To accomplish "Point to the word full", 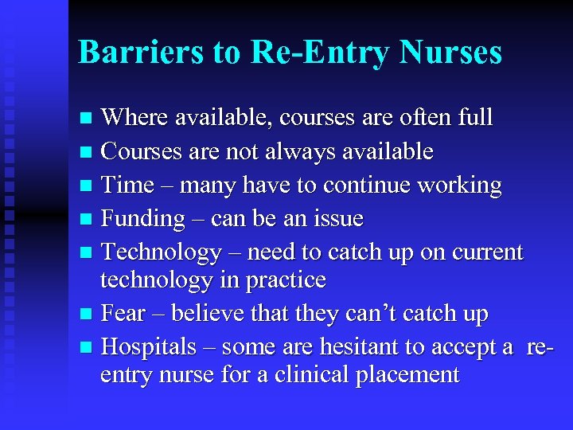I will point(475,118).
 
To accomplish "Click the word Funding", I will point(144,218).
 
